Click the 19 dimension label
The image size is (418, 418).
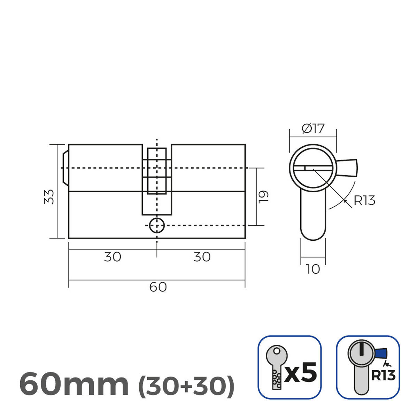(264, 196)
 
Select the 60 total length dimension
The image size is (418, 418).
(158, 287)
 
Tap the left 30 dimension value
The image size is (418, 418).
(113, 257)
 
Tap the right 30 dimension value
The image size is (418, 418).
(202, 257)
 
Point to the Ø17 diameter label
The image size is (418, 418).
(313, 129)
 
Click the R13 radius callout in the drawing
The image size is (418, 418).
(364, 201)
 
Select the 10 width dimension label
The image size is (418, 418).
(313, 269)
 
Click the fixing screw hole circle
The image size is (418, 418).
(157, 226)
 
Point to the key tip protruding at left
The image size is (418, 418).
(65, 168)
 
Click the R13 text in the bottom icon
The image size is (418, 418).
(383, 376)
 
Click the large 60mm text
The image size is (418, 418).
(74, 384)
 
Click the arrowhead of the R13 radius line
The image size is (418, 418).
(345, 200)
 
